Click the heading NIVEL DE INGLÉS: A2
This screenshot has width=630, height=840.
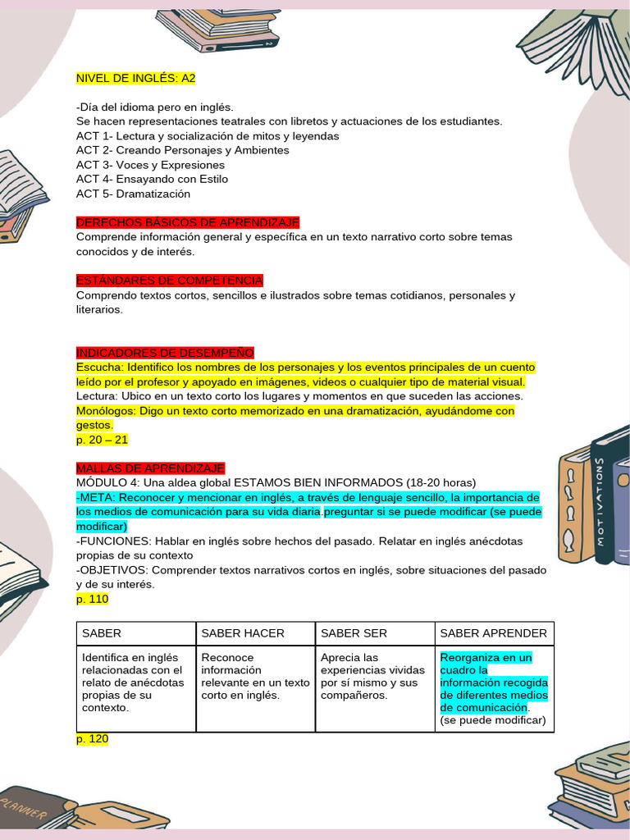tap(135, 78)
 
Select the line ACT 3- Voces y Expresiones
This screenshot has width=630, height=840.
tap(139, 165)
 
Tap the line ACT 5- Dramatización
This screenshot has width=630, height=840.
tap(133, 194)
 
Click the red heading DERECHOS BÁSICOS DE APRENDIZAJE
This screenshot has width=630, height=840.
tap(188, 222)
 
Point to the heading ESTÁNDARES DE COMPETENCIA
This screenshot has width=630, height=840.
tap(170, 281)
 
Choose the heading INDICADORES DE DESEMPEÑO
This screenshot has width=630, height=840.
tap(165, 353)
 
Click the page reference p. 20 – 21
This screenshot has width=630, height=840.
tap(103, 440)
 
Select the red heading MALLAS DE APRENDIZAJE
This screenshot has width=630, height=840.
tap(150, 468)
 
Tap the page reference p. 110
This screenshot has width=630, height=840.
tap(92, 599)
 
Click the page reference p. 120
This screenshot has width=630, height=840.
tap(92, 738)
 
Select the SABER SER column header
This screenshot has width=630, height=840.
tap(354, 633)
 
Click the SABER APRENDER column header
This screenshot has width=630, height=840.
tap(494, 633)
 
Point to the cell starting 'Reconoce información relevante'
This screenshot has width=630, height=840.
tap(255, 677)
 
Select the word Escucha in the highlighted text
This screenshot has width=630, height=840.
tap(98, 367)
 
